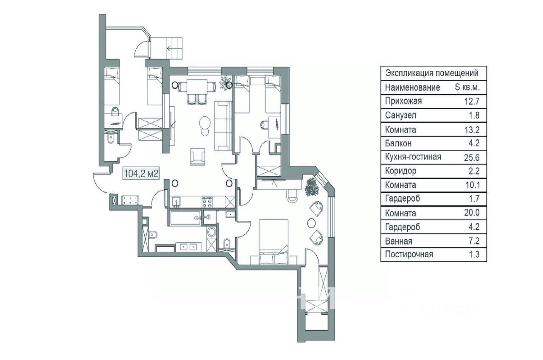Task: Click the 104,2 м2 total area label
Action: click(x=141, y=174)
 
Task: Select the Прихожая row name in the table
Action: click(x=403, y=101)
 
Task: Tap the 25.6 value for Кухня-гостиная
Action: click(x=472, y=157)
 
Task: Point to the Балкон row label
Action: click(x=398, y=143)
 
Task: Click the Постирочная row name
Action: click(x=409, y=254)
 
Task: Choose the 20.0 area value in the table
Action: click(x=472, y=213)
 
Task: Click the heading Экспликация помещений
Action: click(x=432, y=73)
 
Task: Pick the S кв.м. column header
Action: click(x=467, y=87)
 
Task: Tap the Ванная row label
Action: click(x=398, y=241)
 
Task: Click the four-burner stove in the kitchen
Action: click(x=207, y=202)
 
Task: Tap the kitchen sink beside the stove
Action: click(x=176, y=202)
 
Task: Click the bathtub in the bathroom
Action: click(x=185, y=218)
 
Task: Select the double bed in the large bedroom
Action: click(x=274, y=242)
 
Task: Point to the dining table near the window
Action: click(x=196, y=87)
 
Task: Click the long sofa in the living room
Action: click(x=223, y=126)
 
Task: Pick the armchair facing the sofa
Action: click(x=198, y=157)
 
